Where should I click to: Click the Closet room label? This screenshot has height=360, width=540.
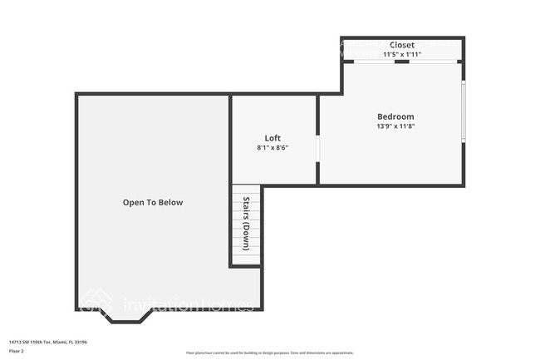pos(402,45)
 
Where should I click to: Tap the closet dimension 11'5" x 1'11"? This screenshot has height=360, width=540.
pos(402,55)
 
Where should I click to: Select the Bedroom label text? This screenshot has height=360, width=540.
pos(395,116)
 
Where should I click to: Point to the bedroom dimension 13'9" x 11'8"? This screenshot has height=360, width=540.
pos(395,127)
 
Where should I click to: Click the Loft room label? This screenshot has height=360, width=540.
pos(272,138)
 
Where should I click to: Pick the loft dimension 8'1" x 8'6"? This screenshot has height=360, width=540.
pos(272,148)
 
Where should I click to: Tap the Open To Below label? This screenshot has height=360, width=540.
pos(153,202)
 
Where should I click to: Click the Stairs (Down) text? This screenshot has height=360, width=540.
pos(247,223)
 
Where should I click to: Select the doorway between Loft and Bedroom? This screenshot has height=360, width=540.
pos(317,147)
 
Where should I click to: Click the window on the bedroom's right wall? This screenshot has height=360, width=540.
pos(464,111)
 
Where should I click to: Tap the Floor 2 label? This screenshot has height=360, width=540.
pos(17,352)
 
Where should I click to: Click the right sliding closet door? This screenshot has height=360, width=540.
pos(431,62)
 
